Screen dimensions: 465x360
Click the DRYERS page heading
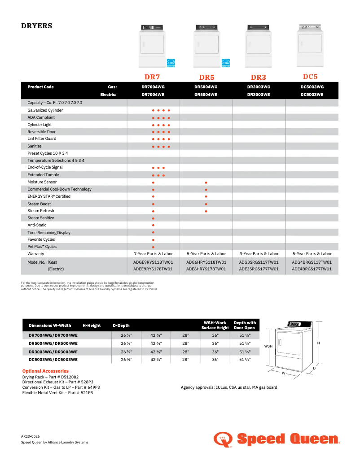(x=37, y=26)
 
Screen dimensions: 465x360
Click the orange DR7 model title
(x=153, y=77)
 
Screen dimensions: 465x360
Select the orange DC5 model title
(x=310, y=77)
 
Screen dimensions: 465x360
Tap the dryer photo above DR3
(x=258, y=45)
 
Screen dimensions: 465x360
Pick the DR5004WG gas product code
(x=206, y=87)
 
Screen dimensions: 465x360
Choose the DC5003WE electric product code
(x=312, y=95)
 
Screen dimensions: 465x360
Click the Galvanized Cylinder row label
(x=45, y=110)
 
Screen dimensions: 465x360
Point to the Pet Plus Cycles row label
(x=42, y=247)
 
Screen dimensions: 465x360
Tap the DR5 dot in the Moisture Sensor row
(x=206, y=183)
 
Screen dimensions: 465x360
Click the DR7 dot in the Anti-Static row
(x=154, y=225)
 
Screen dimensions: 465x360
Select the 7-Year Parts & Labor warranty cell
(x=153, y=254)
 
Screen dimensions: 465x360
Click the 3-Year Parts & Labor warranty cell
(x=259, y=254)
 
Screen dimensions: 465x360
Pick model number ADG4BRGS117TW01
(x=312, y=262)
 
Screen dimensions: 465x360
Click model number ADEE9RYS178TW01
(x=153, y=269)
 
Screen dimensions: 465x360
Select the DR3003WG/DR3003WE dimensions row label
(x=53, y=352)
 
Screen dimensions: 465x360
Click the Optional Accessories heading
(x=45, y=371)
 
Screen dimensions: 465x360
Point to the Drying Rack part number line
(x=50, y=377)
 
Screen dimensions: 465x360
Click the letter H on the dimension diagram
(x=318, y=343)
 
